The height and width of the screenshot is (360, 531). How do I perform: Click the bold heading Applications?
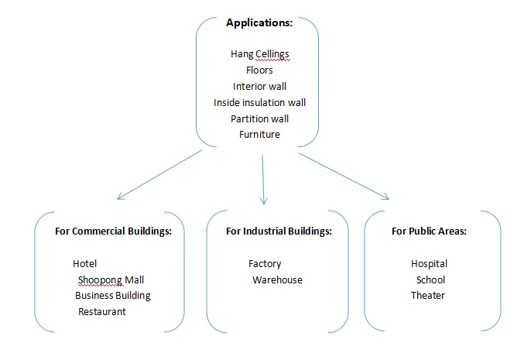tap(259, 23)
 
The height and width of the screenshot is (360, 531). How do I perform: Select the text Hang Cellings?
tap(259, 53)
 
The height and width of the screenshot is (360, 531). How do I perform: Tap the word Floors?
tap(259, 70)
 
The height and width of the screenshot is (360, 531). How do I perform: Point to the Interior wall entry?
tap(259, 86)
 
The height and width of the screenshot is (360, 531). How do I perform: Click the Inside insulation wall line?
tap(259, 102)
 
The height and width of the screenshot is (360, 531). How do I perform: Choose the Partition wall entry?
tap(259, 118)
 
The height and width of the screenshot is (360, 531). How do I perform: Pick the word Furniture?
tap(259, 135)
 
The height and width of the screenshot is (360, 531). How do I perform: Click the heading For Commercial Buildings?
tap(108, 231)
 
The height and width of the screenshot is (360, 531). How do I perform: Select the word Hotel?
tap(84, 264)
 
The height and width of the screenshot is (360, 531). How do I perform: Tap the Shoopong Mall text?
tap(111, 279)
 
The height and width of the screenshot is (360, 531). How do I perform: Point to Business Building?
tap(113, 295)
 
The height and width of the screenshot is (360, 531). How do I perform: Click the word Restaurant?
tap(101, 311)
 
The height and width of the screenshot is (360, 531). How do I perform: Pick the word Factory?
tap(265, 264)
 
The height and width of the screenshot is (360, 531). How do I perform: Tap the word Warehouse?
tap(277, 279)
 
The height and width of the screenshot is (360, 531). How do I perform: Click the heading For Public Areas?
tap(429, 231)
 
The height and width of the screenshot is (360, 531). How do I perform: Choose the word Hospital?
tap(429, 264)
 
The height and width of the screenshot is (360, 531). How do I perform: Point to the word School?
tap(430, 279)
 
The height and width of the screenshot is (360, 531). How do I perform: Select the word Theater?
tap(428, 295)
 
